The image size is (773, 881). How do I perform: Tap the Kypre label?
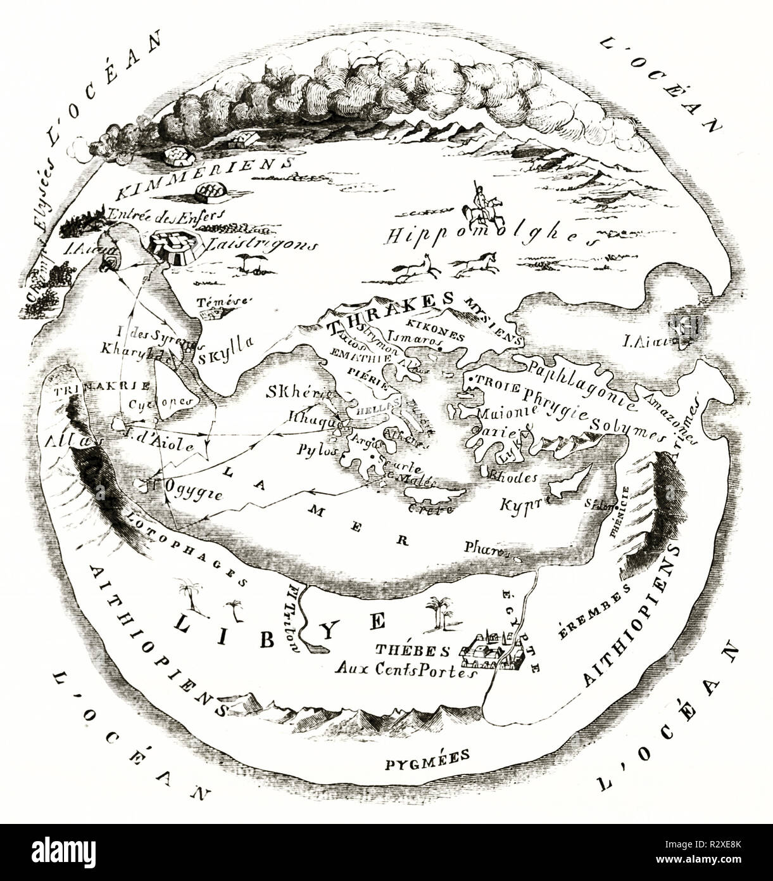(520, 506)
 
